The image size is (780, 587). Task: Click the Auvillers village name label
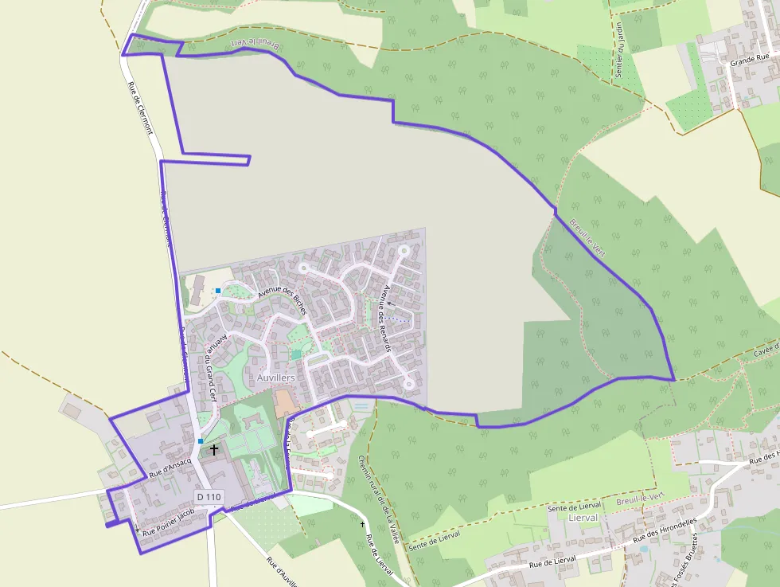(x=276, y=377)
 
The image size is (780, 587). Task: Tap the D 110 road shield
(x=208, y=497)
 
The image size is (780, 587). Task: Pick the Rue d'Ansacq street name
(x=170, y=466)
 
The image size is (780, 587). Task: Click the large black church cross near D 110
(x=213, y=450)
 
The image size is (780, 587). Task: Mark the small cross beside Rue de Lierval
(x=363, y=524)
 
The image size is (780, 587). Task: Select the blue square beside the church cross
(x=201, y=440)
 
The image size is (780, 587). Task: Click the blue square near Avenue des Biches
(x=217, y=291)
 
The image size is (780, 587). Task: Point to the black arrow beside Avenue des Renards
(x=390, y=304)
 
